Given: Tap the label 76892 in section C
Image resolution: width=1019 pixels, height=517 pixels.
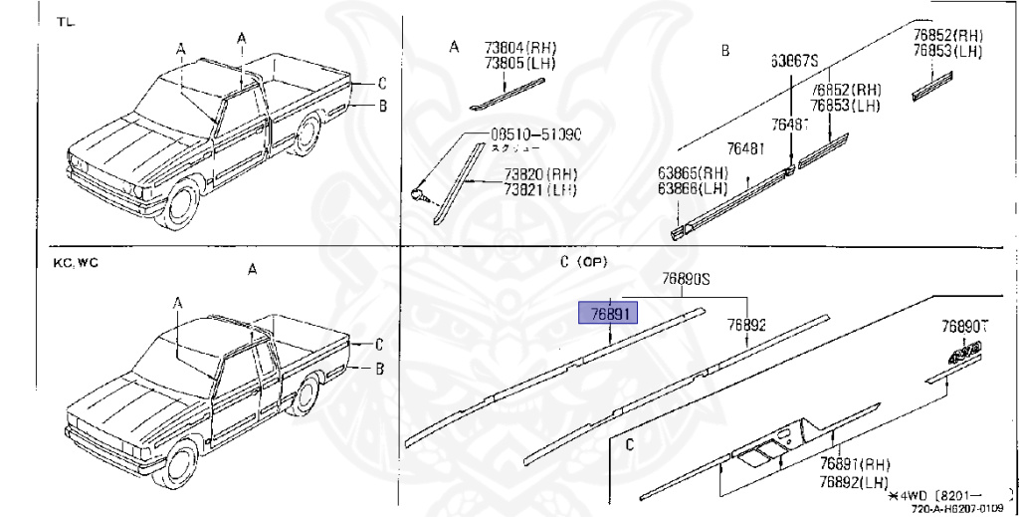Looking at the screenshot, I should (x=745, y=325).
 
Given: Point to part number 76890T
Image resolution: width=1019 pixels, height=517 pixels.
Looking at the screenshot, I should (x=968, y=326).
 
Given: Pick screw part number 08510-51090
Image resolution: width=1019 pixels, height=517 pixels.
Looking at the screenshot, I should (x=535, y=134).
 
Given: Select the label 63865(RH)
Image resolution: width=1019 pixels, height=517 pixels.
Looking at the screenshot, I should (x=692, y=171).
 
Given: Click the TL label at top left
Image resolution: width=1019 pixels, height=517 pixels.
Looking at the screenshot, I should (x=65, y=21).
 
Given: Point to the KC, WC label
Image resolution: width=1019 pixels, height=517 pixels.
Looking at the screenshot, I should (x=76, y=263).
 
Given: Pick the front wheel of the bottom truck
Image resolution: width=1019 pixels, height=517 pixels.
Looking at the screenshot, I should (x=179, y=468).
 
